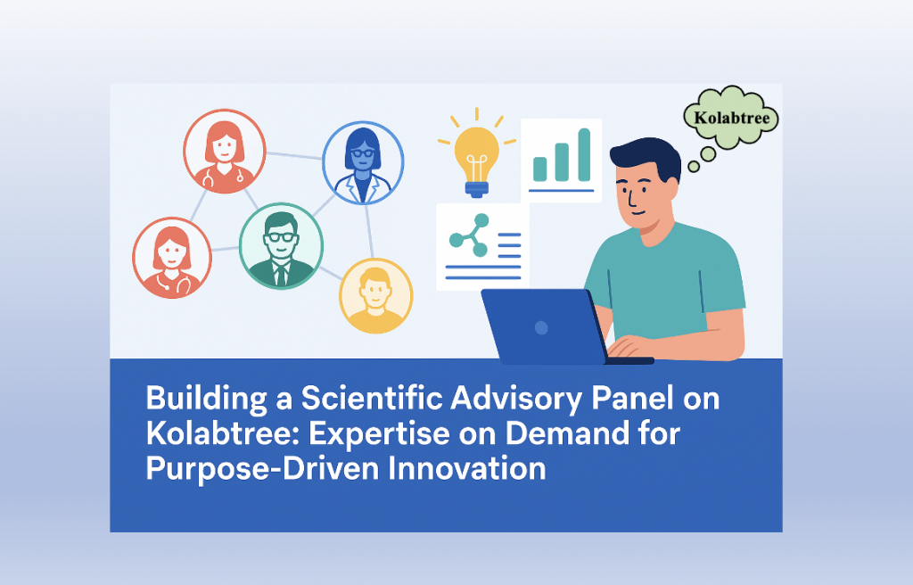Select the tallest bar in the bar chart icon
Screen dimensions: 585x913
(x=584, y=154)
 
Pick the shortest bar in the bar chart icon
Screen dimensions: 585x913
(x=540, y=169)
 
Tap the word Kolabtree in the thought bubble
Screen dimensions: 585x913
(x=731, y=118)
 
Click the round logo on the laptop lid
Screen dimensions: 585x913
(x=541, y=327)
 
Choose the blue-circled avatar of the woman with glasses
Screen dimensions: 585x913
(x=363, y=161)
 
